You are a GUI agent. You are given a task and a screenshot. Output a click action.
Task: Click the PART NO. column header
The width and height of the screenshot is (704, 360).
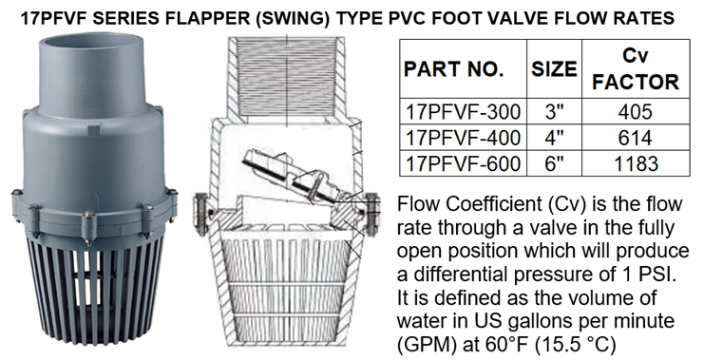(x=460, y=69)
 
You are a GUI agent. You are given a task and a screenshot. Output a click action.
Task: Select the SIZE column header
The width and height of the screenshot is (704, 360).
(x=553, y=69)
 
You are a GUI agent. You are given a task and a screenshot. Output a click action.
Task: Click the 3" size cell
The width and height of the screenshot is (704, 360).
(x=553, y=112)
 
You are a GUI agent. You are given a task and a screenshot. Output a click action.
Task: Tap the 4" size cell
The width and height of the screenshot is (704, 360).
(x=553, y=138)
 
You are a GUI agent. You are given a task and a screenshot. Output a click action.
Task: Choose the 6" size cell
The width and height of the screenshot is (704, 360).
(x=553, y=163)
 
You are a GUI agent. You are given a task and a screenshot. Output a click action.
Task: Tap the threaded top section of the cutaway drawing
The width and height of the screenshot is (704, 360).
(x=286, y=76)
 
